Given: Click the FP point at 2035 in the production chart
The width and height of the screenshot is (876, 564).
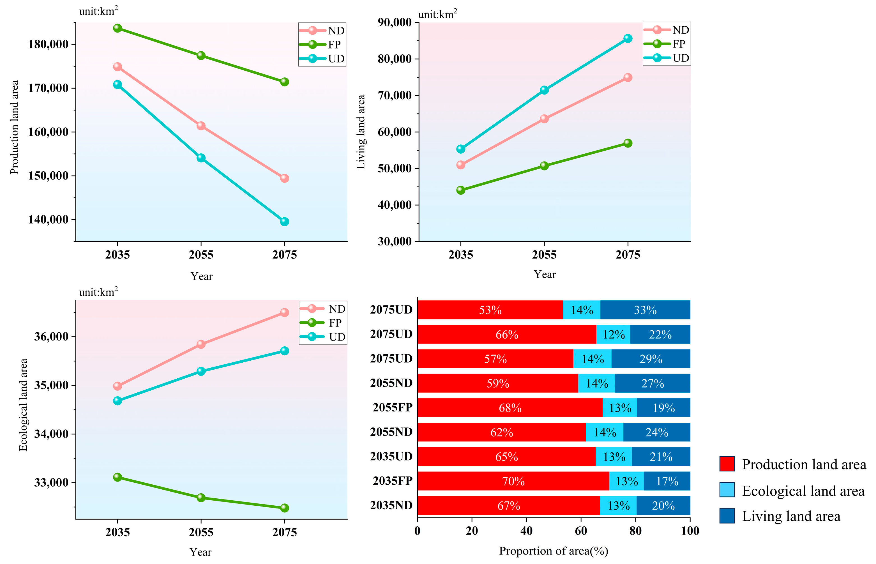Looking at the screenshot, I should pos(117,28).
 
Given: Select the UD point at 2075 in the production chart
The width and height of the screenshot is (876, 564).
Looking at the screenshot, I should pos(284,222).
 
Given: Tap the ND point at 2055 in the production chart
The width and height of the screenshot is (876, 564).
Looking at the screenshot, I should pos(201,126).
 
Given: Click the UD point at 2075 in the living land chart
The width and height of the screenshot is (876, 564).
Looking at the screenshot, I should pos(628,38).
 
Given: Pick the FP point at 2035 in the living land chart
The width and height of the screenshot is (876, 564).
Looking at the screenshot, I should pos(461,190).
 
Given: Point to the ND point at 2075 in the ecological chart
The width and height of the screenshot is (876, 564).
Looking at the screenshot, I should pos(284,312).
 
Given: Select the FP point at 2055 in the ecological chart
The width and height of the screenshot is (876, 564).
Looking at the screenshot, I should pos(201,498).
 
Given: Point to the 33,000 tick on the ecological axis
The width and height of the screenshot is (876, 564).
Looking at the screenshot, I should pos(51,483).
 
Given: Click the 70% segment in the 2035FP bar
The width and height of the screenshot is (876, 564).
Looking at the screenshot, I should pos(513,481).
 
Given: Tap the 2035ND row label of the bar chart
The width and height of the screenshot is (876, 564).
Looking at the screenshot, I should pos(391,505).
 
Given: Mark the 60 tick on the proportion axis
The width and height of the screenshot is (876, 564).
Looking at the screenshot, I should pos(581,531).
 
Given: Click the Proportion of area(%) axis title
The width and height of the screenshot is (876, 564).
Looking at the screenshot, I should pos(554,551).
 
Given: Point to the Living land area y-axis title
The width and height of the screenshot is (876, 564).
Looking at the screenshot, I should pos(361,132).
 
